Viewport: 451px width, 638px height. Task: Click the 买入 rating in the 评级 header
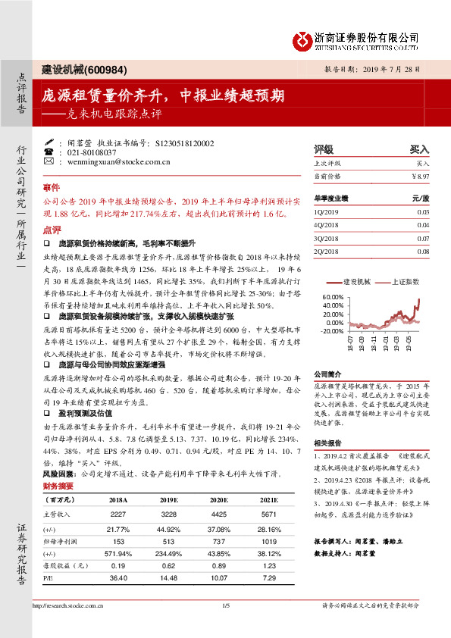419,149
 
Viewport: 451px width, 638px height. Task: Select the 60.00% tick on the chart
333,297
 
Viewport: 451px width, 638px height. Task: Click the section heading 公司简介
327,374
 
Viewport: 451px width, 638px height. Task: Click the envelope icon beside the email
49,161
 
